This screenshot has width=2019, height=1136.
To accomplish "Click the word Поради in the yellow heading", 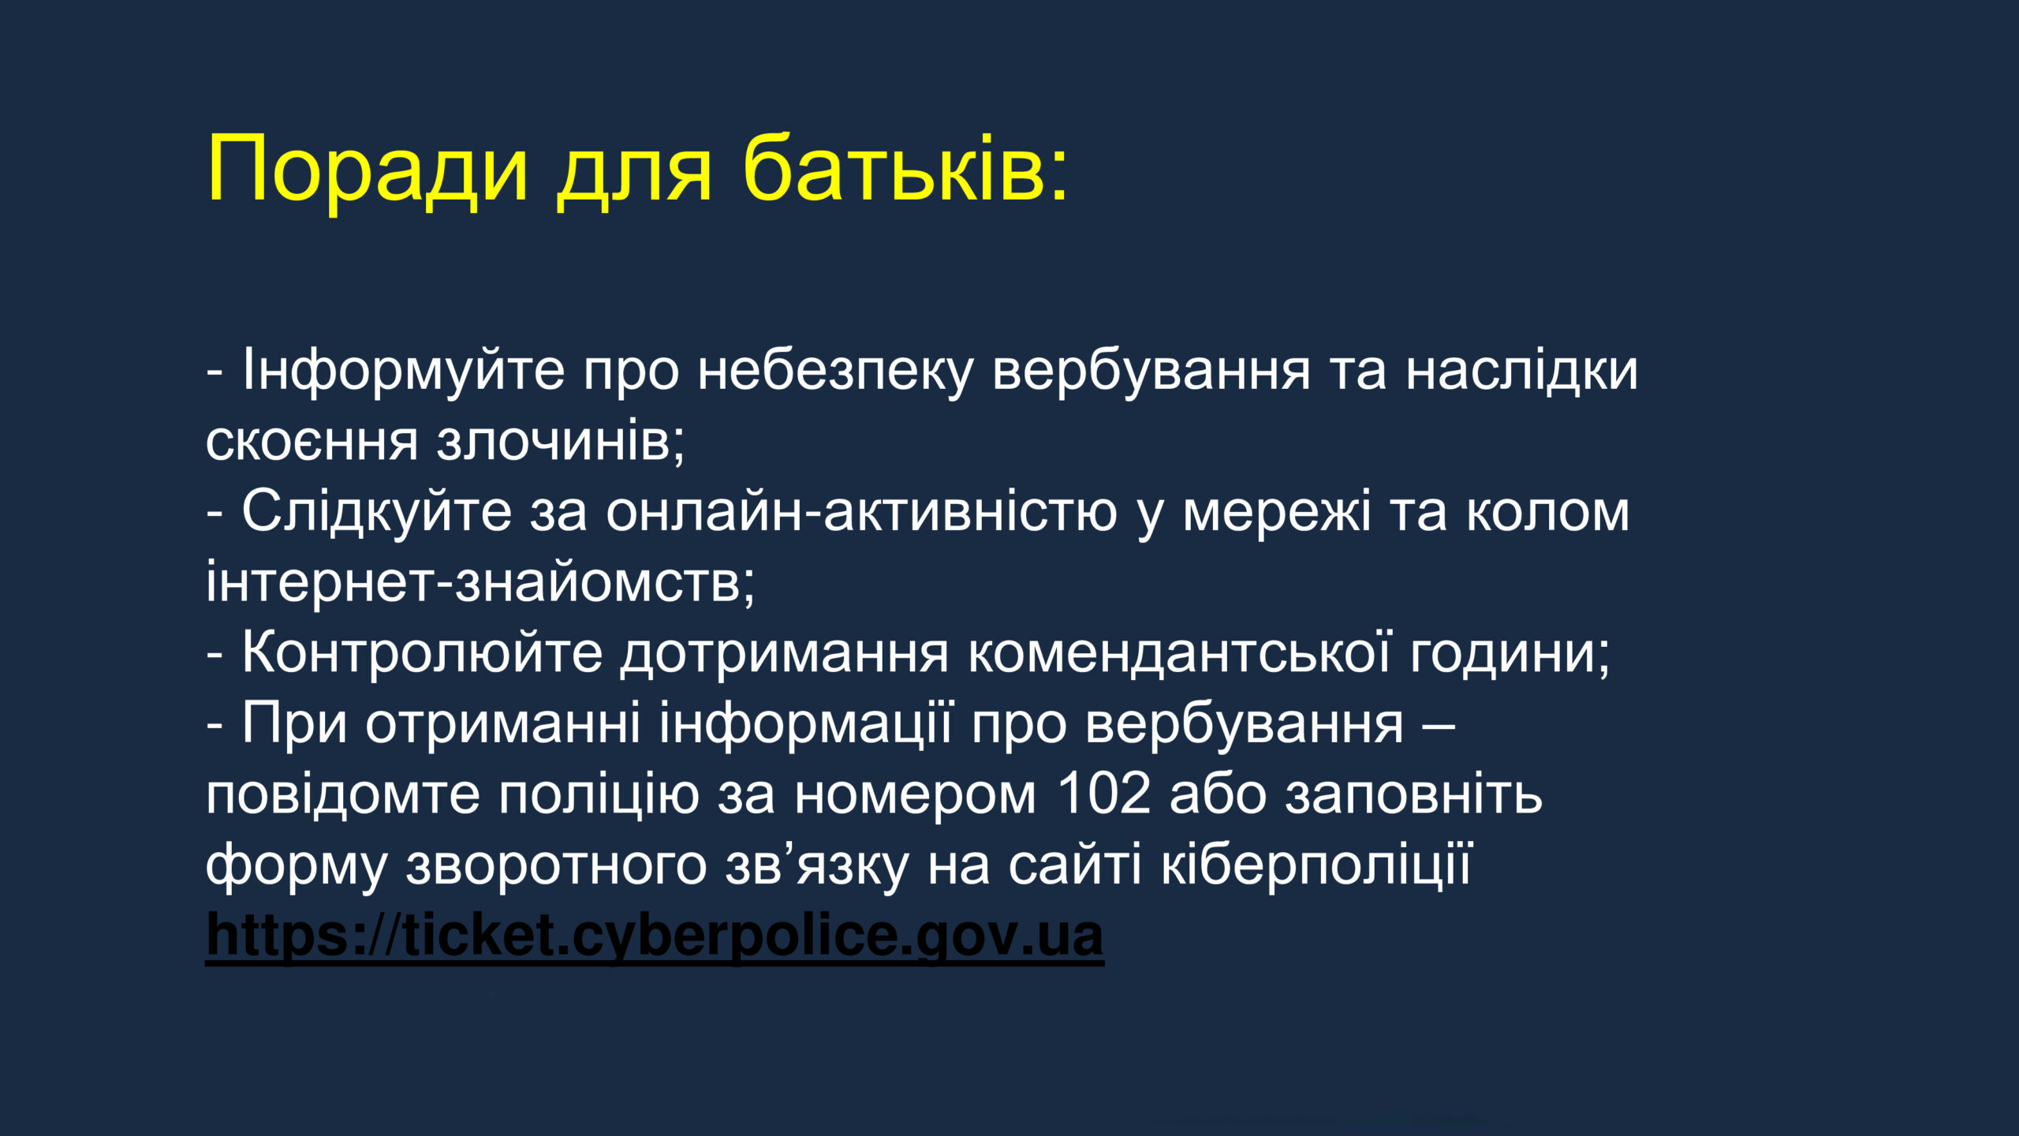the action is [x=367, y=170].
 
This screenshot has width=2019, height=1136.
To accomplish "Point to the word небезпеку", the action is [x=836, y=372].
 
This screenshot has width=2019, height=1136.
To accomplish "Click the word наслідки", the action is [x=1522, y=370].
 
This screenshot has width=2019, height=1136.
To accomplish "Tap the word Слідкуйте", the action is [x=377, y=511].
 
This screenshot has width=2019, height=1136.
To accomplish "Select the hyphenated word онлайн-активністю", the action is [x=862, y=511].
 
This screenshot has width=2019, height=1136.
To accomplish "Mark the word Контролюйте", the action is [x=423, y=652].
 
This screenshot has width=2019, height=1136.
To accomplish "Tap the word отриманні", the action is [x=503, y=724].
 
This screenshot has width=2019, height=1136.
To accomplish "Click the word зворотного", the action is [x=556, y=866].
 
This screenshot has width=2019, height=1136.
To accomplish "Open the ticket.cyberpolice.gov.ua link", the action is [x=655, y=937].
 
